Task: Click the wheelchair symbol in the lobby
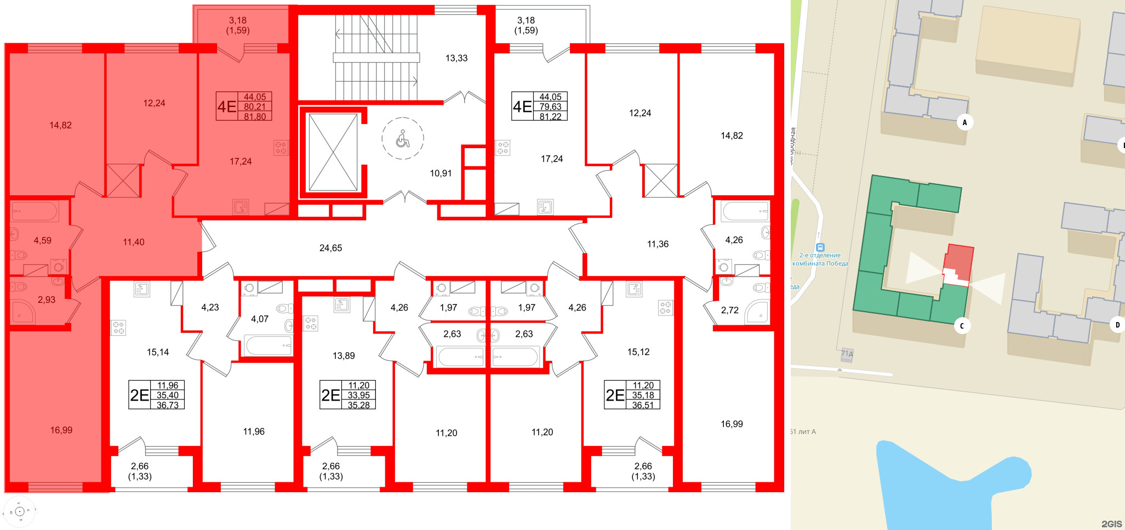[403, 139]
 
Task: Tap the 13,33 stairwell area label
[456, 58]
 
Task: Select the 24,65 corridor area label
[330, 248]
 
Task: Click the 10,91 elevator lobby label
[441, 173]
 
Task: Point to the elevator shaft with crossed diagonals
[333, 153]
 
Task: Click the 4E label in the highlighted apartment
[226, 106]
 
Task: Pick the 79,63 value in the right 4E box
[550, 107]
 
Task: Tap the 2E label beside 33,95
[330, 396]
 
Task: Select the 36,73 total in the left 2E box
[168, 405]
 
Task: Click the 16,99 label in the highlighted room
[61, 430]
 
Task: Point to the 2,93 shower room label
[47, 300]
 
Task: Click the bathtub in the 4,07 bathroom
[269, 346]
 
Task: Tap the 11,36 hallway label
[658, 244]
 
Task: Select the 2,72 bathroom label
[729, 310]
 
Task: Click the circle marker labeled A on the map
[964, 122]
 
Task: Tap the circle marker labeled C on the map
[961, 326]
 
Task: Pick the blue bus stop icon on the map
[820, 247]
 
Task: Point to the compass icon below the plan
[20, 512]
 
